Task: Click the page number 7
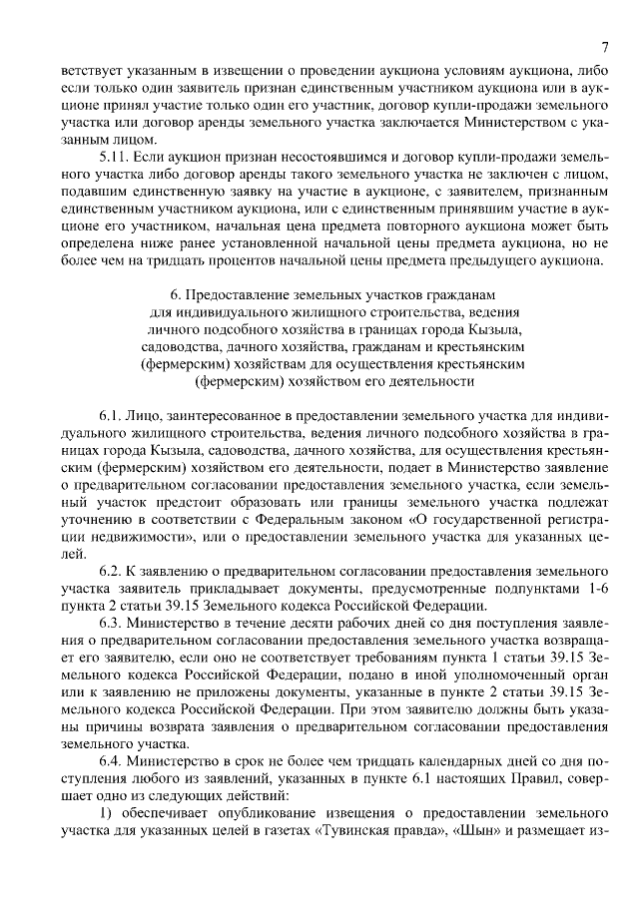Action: click(604, 47)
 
